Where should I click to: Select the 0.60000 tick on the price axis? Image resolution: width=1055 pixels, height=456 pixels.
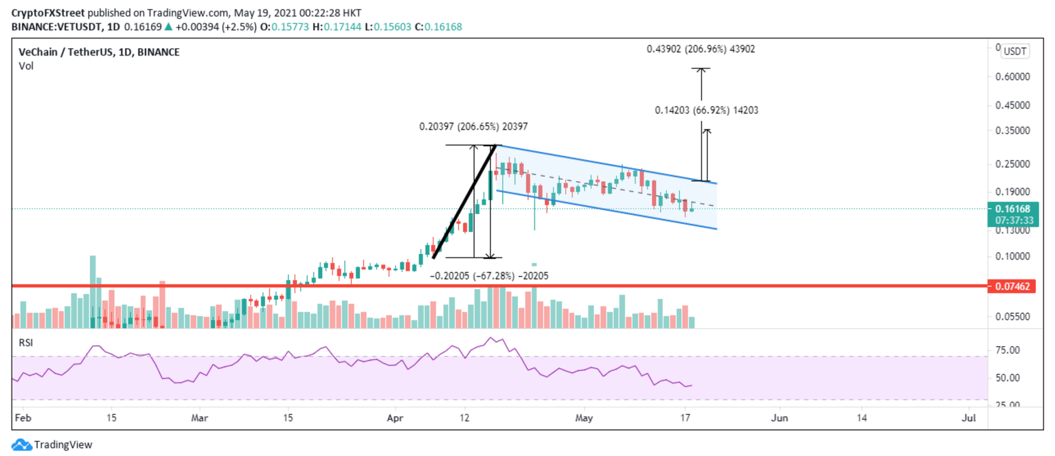tap(1012, 77)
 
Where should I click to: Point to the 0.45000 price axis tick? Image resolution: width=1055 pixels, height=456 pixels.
tap(1012, 105)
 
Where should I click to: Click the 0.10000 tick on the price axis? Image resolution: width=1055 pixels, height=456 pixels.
tap(1012, 256)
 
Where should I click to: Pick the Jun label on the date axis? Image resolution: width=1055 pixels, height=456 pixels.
tap(779, 417)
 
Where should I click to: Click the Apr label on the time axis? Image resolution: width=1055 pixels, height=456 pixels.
tap(394, 417)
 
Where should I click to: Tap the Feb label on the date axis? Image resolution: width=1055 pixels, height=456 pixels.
tap(22, 417)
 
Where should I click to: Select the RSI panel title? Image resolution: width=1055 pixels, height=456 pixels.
tap(25, 341)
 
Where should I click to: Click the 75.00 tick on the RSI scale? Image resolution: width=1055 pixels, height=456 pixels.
tap(1009, 350)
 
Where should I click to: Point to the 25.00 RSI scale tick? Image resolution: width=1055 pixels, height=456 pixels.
tap(1009, 404)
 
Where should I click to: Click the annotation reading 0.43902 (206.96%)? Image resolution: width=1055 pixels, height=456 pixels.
tap(701, 49)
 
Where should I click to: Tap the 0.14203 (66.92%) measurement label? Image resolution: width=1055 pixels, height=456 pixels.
tap(707, 110)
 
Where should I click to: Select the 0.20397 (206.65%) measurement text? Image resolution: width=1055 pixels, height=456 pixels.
tap(474, 126)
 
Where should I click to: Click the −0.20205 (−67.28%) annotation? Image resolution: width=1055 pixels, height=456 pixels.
tap(489, 276)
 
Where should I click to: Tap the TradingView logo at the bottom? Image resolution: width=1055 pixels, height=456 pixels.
tap(52, 444)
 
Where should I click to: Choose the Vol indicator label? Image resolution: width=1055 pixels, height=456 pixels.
tap(26, 66)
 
